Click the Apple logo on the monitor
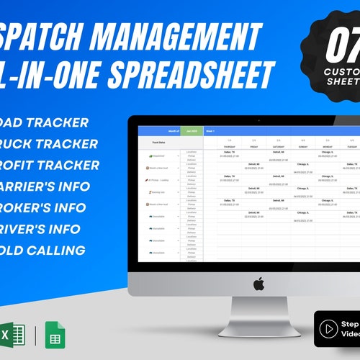pyautogui.click(x=258, y=283)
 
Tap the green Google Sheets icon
pyautogui.click(x=54, y=335)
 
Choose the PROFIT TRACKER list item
pyautogui.click(x=50, y=165)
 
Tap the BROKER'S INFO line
pyautogui.click(x=48, y=208)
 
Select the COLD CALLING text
pyautogui.click(x=43, y=251)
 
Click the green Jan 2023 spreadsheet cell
pyautogui.click(x=192, y=131)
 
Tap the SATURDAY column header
pyautogui.click(x=278, y=145)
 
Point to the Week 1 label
pyautogui.click(x=211, y=131)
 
